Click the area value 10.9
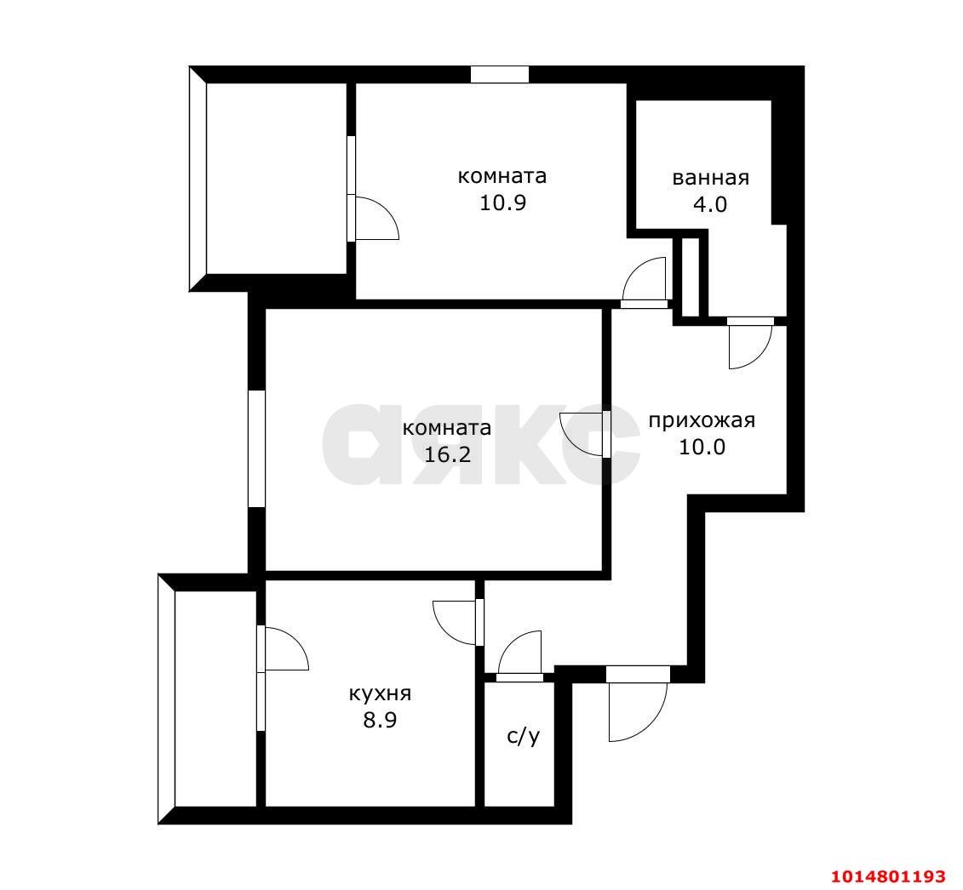(502, 203)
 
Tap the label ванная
(711, 178)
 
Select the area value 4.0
(710, 204)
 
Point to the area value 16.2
(447, 454)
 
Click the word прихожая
(702, 420)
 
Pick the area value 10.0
(702, 447)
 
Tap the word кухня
(380, 693)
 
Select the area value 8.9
(380, 719)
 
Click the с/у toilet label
(524, 736)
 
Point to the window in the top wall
(500, 74)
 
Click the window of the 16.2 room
(257, 448)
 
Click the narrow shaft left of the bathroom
(691, 277)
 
